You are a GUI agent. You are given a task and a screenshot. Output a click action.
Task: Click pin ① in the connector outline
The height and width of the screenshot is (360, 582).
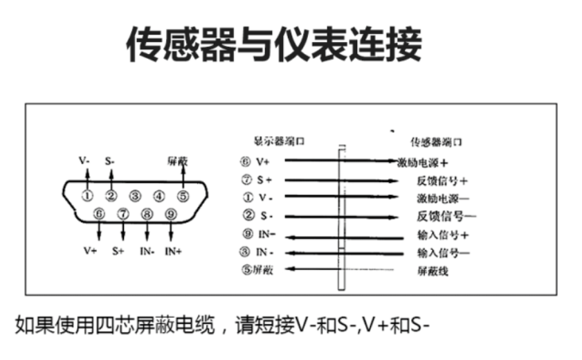tap(88, 196)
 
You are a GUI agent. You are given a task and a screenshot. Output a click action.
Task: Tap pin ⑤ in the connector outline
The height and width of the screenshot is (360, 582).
tap(183, 196)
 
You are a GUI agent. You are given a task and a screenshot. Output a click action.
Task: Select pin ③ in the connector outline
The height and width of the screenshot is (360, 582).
tap(136, 196)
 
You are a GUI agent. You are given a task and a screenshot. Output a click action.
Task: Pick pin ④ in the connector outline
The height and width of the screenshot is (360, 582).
tap(159, 196)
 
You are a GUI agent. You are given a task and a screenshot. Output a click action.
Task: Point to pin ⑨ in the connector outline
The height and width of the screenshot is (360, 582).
tap(171, 215)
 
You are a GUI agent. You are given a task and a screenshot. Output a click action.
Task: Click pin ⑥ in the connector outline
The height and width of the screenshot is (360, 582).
tap(100, 215)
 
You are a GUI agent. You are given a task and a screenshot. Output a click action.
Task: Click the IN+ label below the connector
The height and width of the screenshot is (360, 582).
tap(173, 251)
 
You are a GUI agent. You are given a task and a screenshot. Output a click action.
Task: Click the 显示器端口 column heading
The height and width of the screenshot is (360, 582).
tap(279, 141)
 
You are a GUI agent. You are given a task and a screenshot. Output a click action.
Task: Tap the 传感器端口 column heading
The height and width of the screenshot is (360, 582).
tap(436, 143)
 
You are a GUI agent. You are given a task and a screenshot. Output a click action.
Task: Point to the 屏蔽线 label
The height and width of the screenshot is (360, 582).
tap(433, 271)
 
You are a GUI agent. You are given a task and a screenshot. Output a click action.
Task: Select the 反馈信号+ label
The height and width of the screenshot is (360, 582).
tap(443, 181)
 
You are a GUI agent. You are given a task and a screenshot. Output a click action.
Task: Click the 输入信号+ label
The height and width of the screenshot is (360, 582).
tap(444, 235)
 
